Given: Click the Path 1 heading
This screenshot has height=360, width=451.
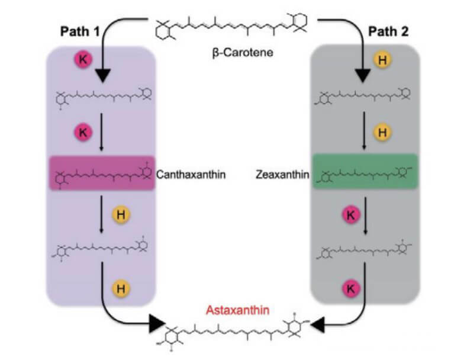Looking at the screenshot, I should pyautogui.click(x=79, y=31).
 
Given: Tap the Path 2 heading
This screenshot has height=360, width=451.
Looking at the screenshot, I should pyautogui.click(x=388, y=31).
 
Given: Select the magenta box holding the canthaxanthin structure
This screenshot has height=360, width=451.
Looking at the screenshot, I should pyautogui.click(x=101, y=174).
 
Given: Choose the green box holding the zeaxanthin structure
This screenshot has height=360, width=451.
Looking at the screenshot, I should pyautogui.click(x=365, y=174).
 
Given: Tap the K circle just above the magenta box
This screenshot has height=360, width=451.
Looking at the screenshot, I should pyautogui.click(x=83, y=132).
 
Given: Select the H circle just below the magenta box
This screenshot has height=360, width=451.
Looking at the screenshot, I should pyautogui.click(x=121, y=215).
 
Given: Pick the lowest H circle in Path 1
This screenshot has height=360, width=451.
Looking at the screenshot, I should pyautogui.click(x=121, y=288).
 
